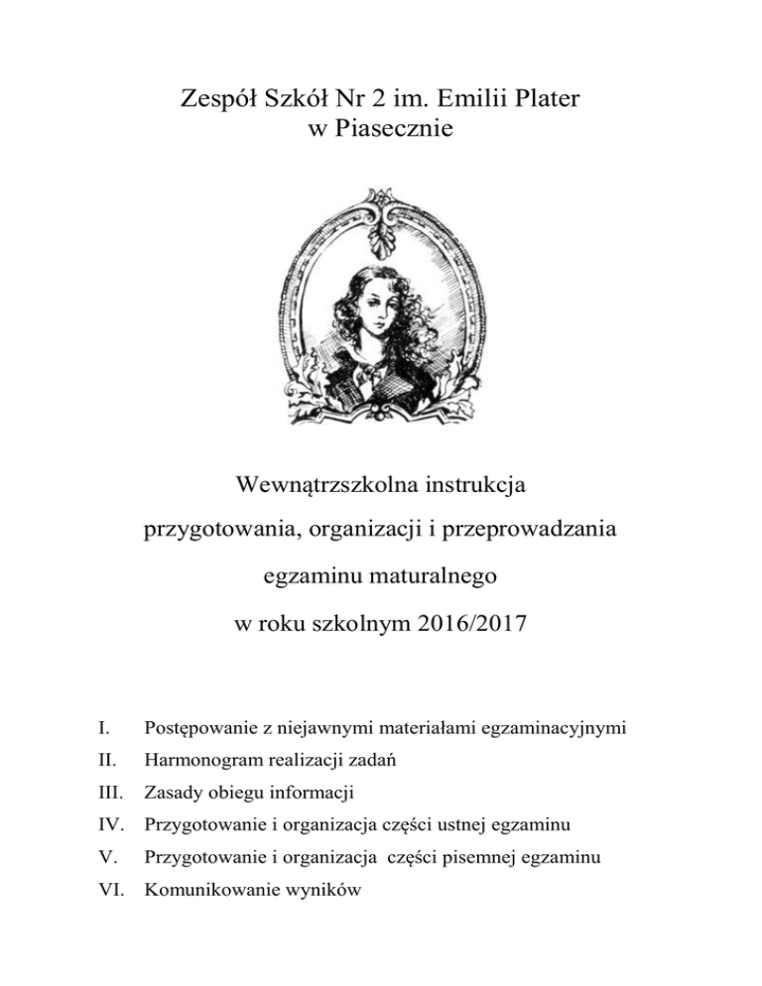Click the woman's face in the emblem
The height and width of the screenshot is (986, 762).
click(x=382, y=298)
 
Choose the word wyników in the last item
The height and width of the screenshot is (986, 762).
click(x=325, y=890)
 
